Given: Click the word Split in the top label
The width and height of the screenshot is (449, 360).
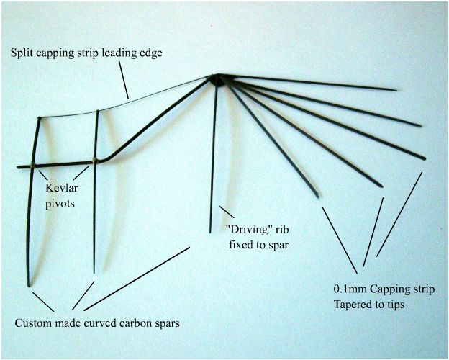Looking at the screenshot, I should [22, 53].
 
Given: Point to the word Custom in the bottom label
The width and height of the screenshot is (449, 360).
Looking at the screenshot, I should [33, 323].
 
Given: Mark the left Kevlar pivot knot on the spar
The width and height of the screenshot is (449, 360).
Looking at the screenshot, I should [33, 165].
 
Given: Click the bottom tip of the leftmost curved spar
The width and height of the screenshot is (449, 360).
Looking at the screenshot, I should [30, 286].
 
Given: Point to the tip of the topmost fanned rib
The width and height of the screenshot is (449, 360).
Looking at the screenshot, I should [396, 90].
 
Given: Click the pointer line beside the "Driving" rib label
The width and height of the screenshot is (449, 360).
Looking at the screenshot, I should [226, 212].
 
